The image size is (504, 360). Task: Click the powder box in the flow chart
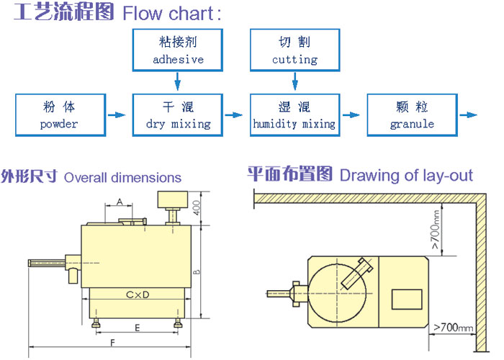point(59,115)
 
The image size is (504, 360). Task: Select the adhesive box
point(178,49)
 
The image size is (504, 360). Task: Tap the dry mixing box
point(178,115)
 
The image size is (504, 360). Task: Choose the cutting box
point(294,49)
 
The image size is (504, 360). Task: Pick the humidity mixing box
point(294,115)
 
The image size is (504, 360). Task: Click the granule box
point(412,115)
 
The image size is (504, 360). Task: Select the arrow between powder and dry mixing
point(116,114)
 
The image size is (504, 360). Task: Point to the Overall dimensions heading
point(122,177)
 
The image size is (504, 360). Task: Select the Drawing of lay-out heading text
point(406,175)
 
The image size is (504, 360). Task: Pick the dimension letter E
point(137,327)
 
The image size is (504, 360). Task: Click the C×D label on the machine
point(137,294)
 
